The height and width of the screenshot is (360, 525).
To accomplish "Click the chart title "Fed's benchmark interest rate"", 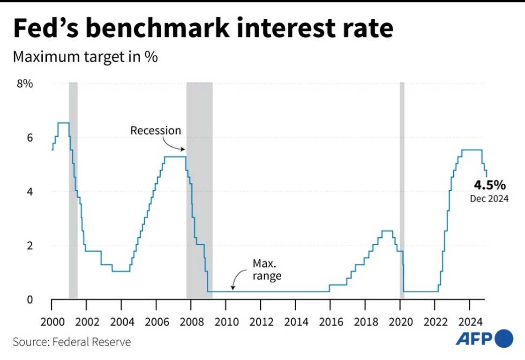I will (x=202, y=29).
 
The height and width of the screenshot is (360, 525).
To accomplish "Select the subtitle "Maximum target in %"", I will (x=85, y=57).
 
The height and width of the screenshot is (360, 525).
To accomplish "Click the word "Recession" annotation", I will (x=155, y=130).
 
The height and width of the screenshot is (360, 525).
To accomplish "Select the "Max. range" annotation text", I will (x=267, y=270).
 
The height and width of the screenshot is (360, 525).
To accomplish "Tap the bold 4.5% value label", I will (x=489, y=185).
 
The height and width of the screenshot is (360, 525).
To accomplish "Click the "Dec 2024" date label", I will (x=489, y=199).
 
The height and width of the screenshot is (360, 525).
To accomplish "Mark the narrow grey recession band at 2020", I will (x=402, y=187).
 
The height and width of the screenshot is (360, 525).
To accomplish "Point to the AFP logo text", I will (x=473, y=339).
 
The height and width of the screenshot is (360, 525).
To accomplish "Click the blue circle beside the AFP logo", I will (x=504, y=339).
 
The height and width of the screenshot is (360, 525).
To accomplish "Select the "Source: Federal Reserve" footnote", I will (x=72, y=342).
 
